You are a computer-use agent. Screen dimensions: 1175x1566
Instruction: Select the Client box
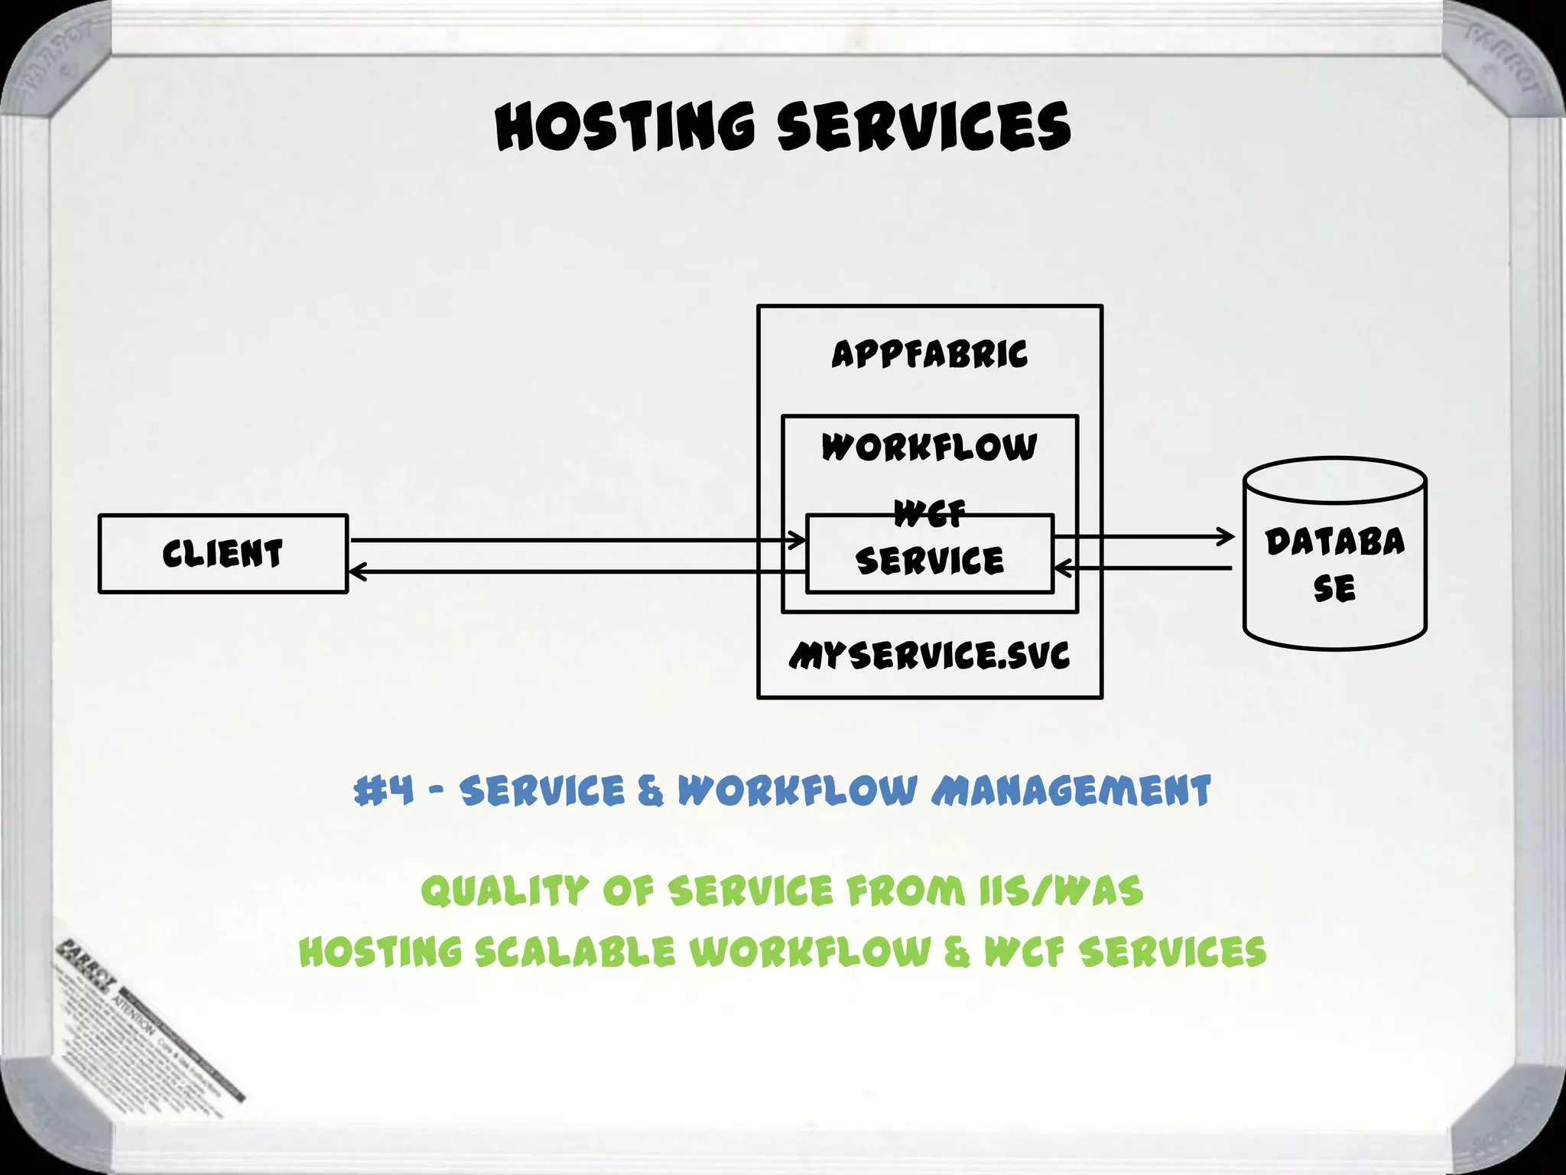pyautogui.click(x=223, y=553)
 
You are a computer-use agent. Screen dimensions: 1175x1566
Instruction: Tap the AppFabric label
pyautogui.click(x=929, y=354)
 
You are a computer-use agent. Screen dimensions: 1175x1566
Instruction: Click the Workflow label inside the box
pyautogui.click(x=929, y=448)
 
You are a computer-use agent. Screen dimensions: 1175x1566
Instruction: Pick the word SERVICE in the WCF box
pyautogui.click(x=929, y=561)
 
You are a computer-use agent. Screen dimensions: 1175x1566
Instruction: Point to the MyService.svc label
pyautogui.click(x=929, y=656)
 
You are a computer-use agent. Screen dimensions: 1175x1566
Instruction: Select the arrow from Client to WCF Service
pyautogui.click(x=573, y=540)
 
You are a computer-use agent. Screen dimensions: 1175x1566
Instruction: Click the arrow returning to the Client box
pyautogui.click(x=573, y=571)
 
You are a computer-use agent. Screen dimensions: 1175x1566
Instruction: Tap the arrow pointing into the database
pyautogui.click(x=1147, y=537)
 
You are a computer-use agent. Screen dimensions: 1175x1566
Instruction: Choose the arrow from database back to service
pyautogui.click(x=1147, y=568)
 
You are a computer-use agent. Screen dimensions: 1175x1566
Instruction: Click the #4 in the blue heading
pyautogui.click(x=384, y=790)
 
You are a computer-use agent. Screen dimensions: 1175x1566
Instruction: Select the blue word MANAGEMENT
pyautogui.click(x=1071, y=790)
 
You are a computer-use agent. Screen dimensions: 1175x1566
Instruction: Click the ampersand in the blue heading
pyautogui.click(x=650, y=790)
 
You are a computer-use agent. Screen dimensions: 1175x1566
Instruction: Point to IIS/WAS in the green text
pyautogui.click(x=1061, y=891)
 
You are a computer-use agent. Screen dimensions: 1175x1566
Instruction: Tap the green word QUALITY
pyautogui.click(x=505, y=891)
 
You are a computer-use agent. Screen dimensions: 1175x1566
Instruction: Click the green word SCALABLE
pyautogui.click(x=575, y=952)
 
